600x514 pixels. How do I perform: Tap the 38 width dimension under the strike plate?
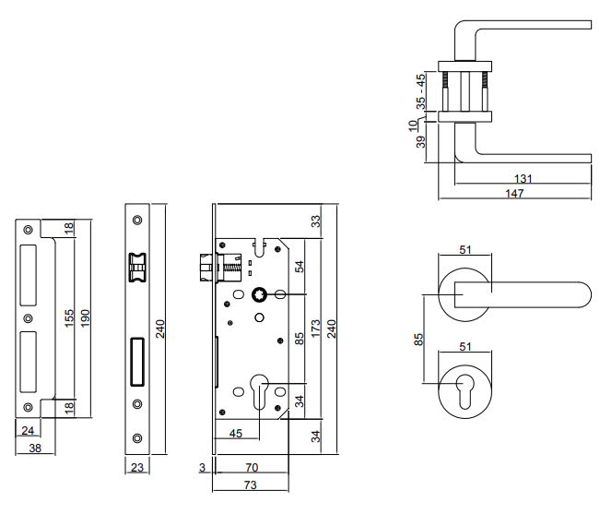pos(34,449)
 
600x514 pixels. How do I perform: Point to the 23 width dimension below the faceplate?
pos(137,468)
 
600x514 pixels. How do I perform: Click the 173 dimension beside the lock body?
pos(316,330)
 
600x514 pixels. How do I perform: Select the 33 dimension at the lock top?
pos(316,221)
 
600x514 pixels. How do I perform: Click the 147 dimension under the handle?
pos(514,194)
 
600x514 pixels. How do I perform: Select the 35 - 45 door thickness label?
pos(421,90)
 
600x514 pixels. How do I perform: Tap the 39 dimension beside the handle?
pos(421,141)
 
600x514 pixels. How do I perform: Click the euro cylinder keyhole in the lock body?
pos(260,387)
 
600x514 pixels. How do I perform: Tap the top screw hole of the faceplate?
pos(137,220)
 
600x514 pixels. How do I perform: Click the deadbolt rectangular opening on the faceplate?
pos(137,361)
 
